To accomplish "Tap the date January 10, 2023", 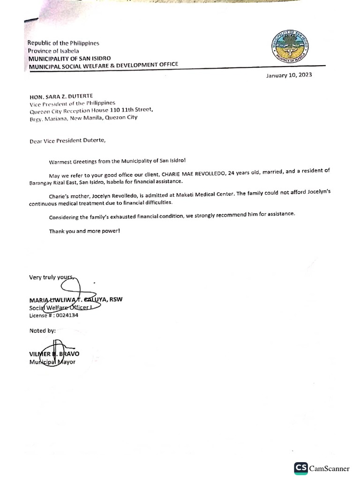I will (x=289, y=75).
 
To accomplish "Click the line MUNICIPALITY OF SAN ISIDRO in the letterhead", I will (x=69, y=58).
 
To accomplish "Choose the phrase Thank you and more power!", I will (x=84, y=231).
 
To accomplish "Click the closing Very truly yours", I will (x=51, y=277).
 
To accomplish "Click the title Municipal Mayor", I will (x=52, y=362).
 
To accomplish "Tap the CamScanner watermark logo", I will (x=322, y=469).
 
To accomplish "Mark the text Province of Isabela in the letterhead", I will (x=53, y=51).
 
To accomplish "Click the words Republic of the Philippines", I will (x=63, y=43).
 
